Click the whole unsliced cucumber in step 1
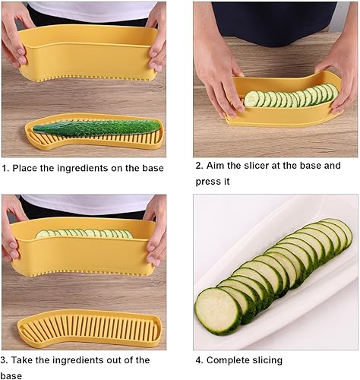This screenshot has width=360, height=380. click(x=97, y=128)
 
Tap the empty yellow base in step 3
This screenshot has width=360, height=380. click(x=90, y=328)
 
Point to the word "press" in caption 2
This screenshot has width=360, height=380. click(x=207, y=182)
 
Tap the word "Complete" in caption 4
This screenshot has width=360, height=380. click(x=227, y=360)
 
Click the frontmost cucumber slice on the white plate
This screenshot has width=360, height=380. click(x=219, y=311)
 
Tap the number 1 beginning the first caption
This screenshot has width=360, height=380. click(x=5, y=168)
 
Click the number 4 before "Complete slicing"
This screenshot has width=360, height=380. click(x=199, y=360)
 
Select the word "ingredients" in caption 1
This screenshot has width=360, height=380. click(x=83, y=169)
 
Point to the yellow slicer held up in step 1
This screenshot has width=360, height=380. click(x=89, y=54)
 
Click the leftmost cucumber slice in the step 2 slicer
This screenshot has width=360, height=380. click(x=251, y=99)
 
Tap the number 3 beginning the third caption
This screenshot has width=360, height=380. click(x=4, y=360)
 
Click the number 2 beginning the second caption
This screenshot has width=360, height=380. click(x=200, y=166)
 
